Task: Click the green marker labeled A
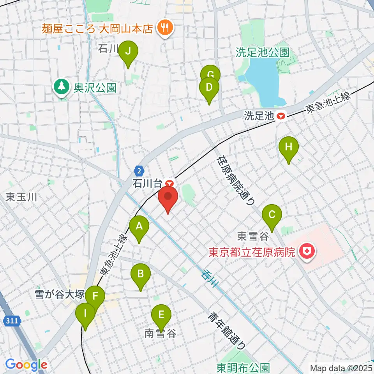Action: pos(139,226)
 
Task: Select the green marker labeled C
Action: pos(272,215)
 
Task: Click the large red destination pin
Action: pos(168,196)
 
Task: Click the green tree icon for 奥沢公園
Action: pos(61,86)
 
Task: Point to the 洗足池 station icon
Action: pos(280,115)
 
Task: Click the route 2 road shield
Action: pos(139,170)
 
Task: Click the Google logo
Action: pos(26,365)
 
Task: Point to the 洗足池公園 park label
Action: pos(262,52)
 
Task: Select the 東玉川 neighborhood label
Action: pos(21,197)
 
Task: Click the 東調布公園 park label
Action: pos(243,367)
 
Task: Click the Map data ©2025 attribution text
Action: pos(340,367)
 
